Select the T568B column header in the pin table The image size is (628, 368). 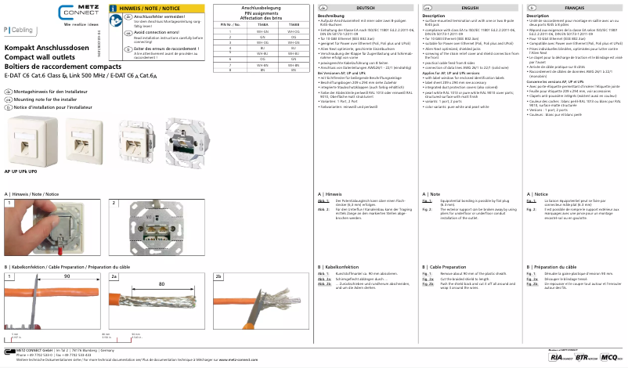coord(293,25)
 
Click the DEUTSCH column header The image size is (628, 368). coord(365,6)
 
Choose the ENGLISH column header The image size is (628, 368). coord(471,6)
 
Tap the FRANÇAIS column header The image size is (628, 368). coord(576,6)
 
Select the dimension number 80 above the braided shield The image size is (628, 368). coord(161,284)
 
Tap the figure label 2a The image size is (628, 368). coord(114,276)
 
